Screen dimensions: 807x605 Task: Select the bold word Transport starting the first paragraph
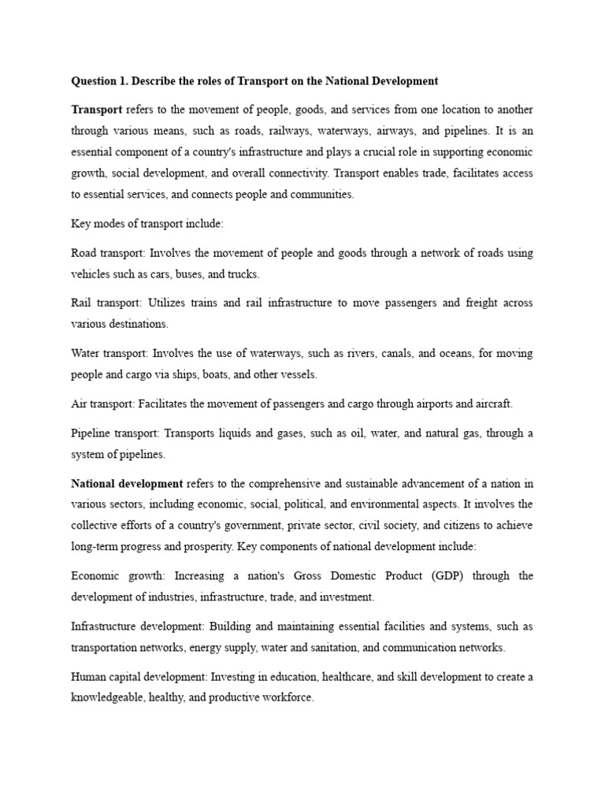[x=97, y=109]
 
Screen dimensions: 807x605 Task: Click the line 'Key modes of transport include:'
[x=147, y=225]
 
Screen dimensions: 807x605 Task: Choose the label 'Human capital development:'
[x=136, y=677]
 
